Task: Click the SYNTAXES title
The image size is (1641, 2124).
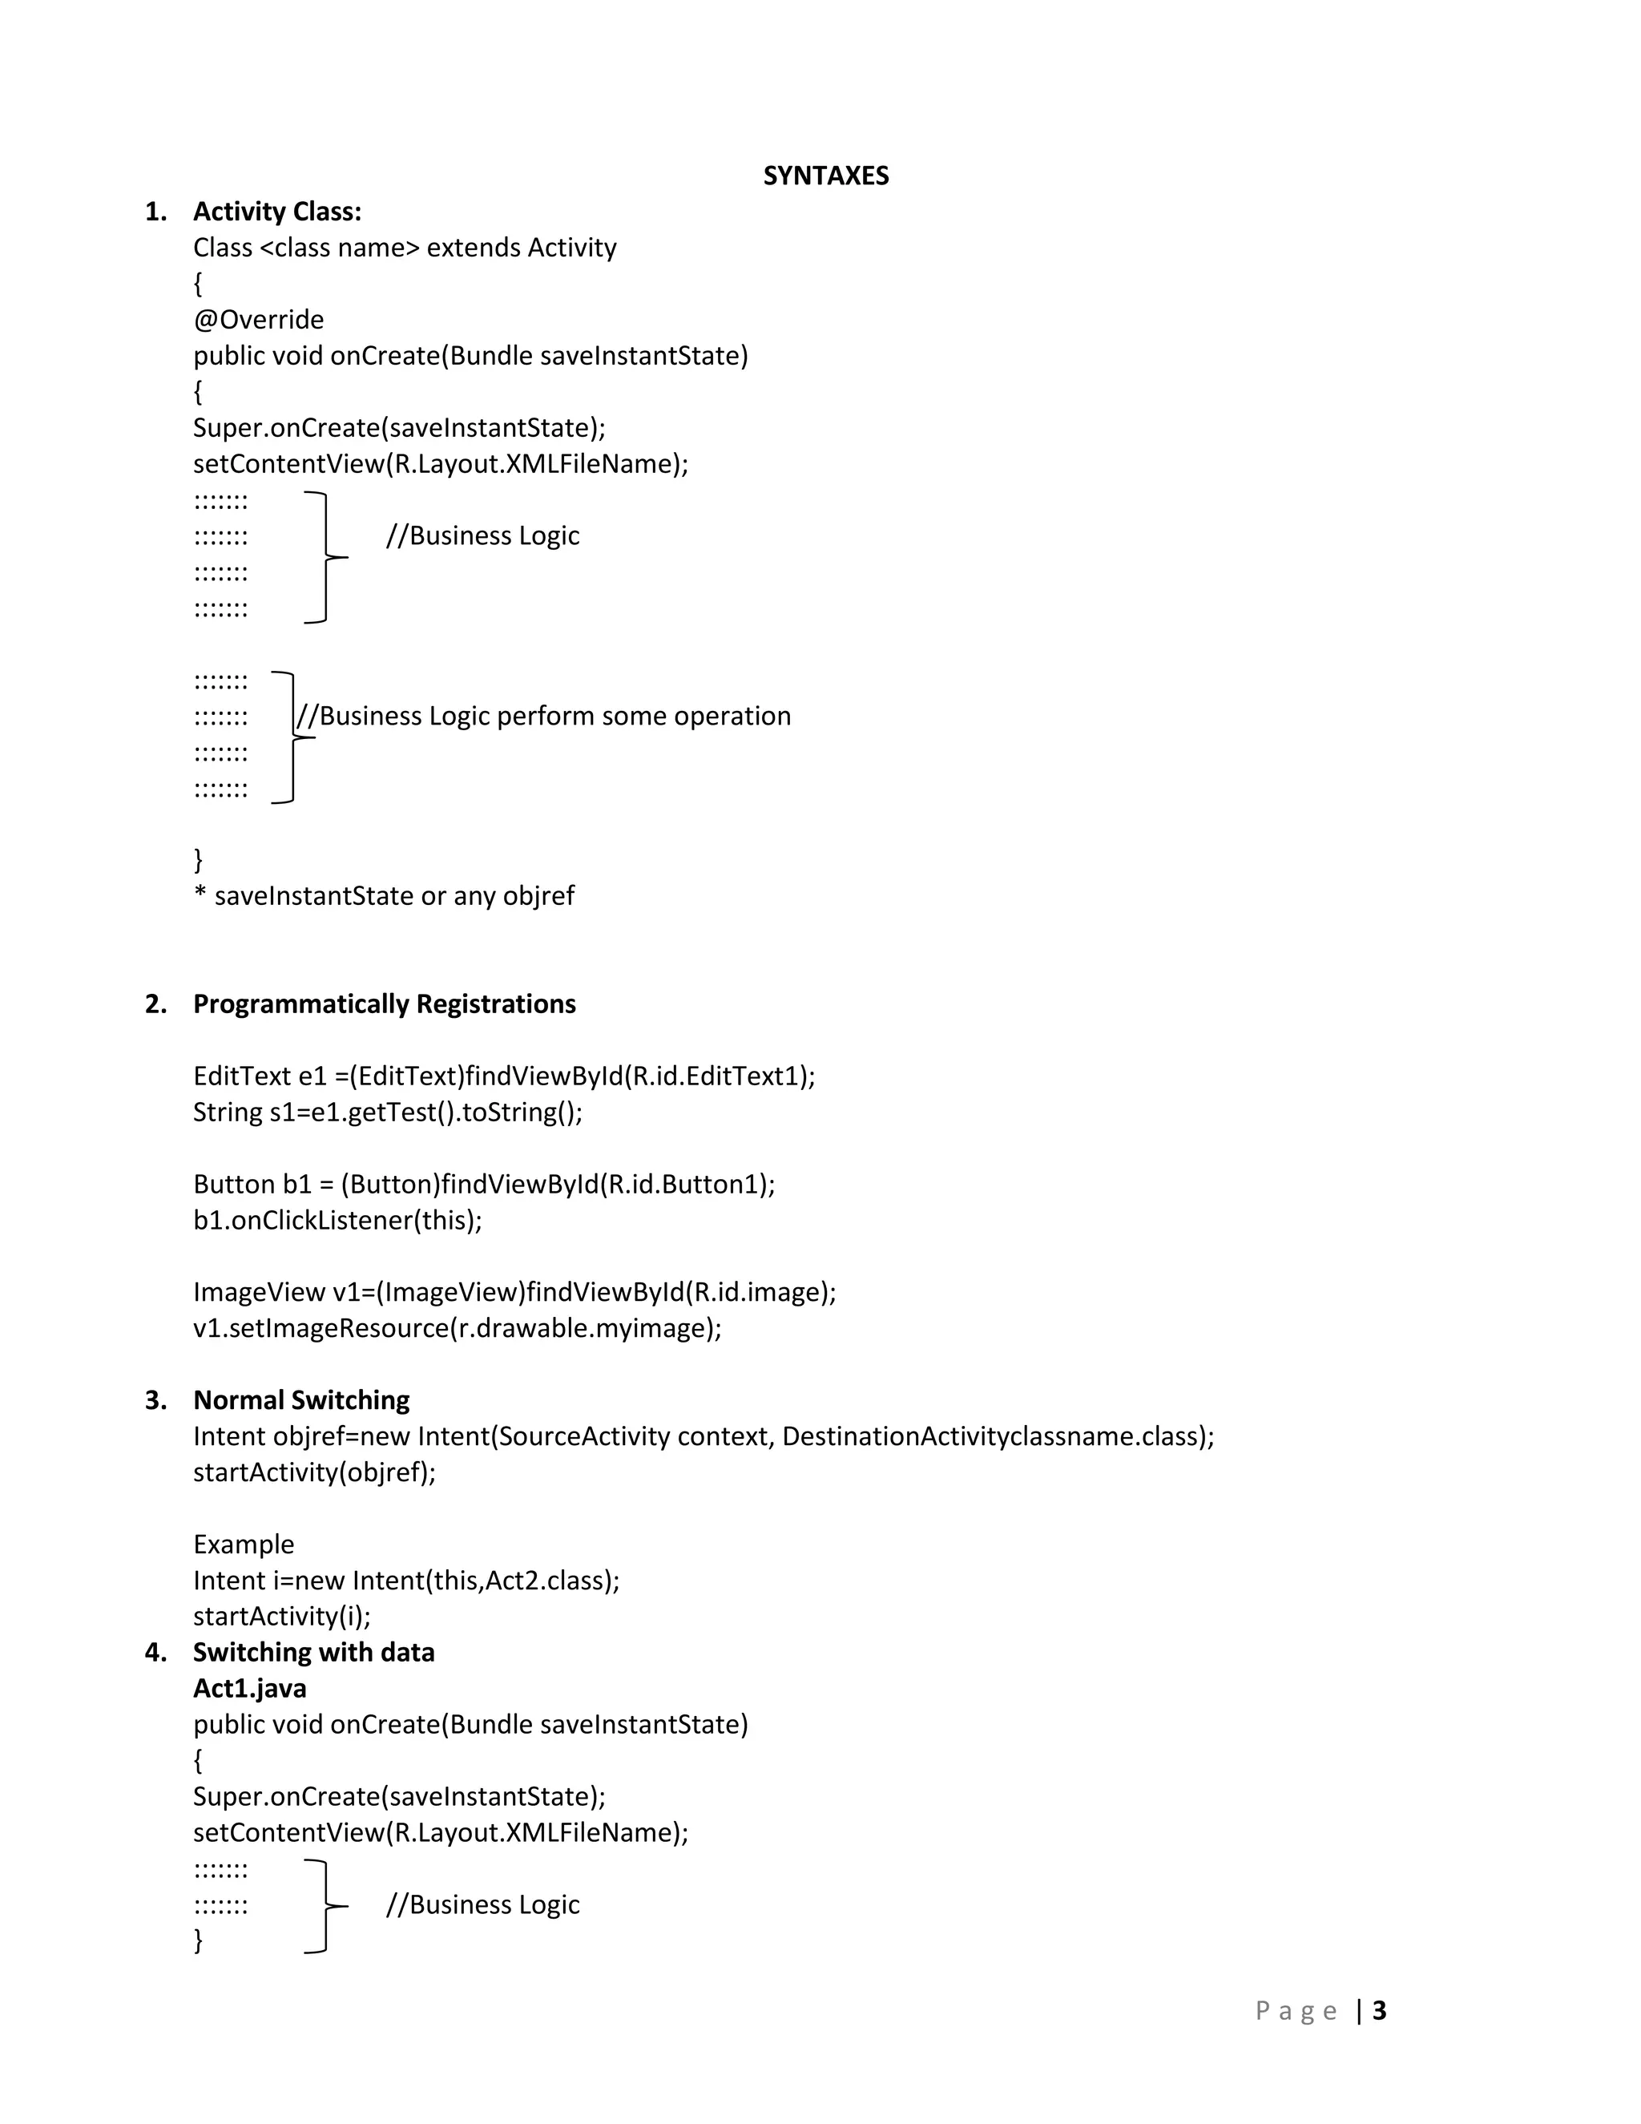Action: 825,176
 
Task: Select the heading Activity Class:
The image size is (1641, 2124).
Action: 277,212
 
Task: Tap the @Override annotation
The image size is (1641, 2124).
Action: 259,320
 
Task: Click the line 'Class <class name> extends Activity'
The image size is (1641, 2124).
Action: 405,248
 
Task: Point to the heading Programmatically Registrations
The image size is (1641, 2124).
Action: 384,1004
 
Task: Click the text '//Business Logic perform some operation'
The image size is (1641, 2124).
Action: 543,717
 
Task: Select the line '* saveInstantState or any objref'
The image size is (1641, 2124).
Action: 384,896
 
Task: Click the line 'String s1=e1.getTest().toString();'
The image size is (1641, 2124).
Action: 388,1112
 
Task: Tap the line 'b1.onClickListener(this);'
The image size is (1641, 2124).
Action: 337,1221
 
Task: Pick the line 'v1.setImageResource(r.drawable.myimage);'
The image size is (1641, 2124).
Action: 457,1328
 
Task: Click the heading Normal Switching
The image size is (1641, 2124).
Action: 301,1400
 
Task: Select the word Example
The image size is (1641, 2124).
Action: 243,1545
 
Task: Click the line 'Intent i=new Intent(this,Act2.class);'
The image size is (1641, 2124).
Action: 406,1581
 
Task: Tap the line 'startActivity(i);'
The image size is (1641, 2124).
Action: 282,1617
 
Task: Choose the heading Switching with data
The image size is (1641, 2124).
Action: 313,1653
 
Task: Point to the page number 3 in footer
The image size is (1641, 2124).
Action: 1378,2011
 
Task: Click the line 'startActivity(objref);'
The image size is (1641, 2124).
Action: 314,1472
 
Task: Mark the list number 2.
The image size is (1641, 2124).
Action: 155,1004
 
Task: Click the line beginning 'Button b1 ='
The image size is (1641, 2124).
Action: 484,1185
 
